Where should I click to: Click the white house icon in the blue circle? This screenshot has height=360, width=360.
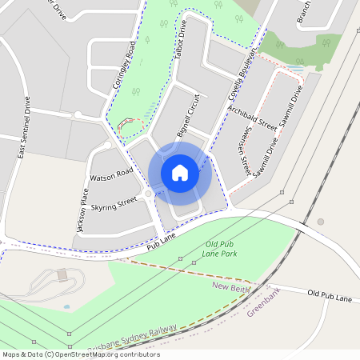(180, 172)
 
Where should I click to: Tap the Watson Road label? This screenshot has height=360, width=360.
(111, 174)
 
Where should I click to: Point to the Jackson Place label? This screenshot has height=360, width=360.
(82, 210)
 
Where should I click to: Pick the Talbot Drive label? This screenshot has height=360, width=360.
(182, 35)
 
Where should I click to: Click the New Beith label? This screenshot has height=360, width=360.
(231, 286)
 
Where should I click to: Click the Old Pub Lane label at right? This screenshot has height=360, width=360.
(330, 297)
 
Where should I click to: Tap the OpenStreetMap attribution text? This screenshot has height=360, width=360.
(80, 354)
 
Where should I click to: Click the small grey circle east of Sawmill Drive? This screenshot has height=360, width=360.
(321, 222)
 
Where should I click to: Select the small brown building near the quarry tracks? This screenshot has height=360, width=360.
(62, 274)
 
